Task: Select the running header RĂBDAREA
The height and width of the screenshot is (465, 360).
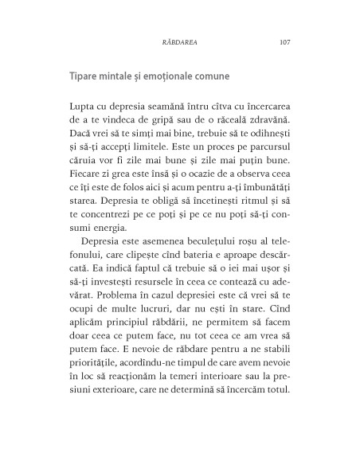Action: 179,42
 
